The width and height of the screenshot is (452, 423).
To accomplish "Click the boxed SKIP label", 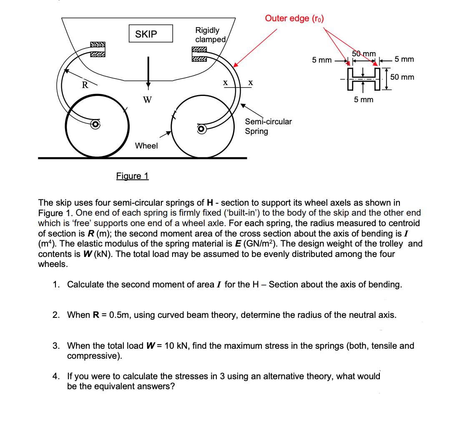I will [x=146, y=34].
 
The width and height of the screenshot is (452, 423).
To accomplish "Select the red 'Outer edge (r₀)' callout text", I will [x=294, y=18].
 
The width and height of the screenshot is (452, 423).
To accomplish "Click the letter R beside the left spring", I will [x=85, y=86].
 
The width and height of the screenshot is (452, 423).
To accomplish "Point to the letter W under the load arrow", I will [x=147, y=100].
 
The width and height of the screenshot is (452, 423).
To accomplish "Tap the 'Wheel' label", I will [x=146, y=146].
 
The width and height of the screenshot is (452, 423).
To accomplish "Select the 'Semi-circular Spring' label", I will [x=268, y=126].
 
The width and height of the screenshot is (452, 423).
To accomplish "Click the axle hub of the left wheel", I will [x=95, y=124].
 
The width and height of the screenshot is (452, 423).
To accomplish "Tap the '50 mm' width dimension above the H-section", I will [x=364, y=53].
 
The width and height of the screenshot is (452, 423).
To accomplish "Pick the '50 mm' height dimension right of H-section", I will [x=402, y=77].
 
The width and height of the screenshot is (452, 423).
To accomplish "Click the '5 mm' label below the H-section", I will [x=364, y=99].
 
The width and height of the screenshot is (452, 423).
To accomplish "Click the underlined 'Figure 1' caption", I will [x=132, y=176].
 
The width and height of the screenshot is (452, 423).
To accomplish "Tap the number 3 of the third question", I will [x=55, y=345].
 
